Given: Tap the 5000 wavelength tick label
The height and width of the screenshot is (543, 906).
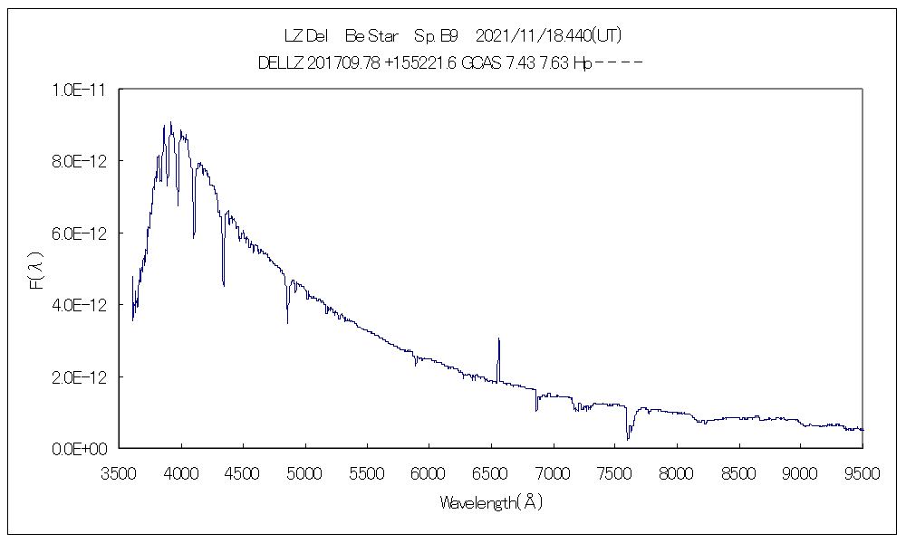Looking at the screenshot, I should tap(306, 472).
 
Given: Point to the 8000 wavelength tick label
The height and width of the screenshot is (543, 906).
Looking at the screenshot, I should tap(677, 472).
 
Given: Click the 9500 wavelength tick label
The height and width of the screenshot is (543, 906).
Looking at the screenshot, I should tap(862, 472).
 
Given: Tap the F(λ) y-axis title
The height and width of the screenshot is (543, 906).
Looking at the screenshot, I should tap(38, 270).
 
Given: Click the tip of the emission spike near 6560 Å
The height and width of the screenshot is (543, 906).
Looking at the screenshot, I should tap(499, 338).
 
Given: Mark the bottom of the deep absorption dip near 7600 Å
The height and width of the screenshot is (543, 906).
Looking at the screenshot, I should tap(627, 440).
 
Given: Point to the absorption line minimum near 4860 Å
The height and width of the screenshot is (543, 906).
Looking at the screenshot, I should tap(288, 323).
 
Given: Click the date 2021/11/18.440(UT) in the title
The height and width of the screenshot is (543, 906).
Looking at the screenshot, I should tap(547, 36).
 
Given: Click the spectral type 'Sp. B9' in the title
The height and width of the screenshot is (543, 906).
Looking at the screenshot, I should tap(436, 36).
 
